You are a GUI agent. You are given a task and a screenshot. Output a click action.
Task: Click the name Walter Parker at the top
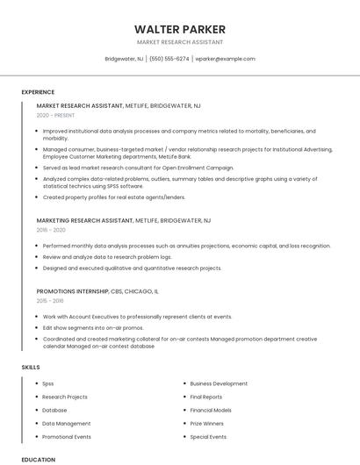pos(179,29)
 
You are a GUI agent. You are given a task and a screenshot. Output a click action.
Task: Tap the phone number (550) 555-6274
pos(169,59)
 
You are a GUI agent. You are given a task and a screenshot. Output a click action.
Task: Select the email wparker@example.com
pos(225,59)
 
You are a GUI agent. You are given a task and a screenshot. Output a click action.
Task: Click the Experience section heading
pos(38,92)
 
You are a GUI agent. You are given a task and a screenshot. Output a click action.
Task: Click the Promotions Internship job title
pos(73,290)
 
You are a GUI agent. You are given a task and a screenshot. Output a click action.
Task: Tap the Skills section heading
pos(31,367)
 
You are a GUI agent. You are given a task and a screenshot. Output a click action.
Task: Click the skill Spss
pos(48,383)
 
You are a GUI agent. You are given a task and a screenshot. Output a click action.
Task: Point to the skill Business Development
pos(219,383)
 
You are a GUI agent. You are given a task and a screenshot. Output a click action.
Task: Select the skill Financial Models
pos(211,410)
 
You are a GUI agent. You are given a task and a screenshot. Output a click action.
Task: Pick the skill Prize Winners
pos(207,423)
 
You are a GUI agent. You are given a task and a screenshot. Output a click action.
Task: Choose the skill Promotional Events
pos(67,436)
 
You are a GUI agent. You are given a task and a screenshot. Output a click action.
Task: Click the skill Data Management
pos(66,423)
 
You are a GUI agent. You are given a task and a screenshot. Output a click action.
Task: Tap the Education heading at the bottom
pos(39,459)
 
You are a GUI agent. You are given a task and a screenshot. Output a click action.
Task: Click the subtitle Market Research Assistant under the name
pos(179,42)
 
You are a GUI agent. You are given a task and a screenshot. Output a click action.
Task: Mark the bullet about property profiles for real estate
pos(114,197)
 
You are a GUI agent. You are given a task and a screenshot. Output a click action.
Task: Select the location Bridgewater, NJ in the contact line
pos(124,59)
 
